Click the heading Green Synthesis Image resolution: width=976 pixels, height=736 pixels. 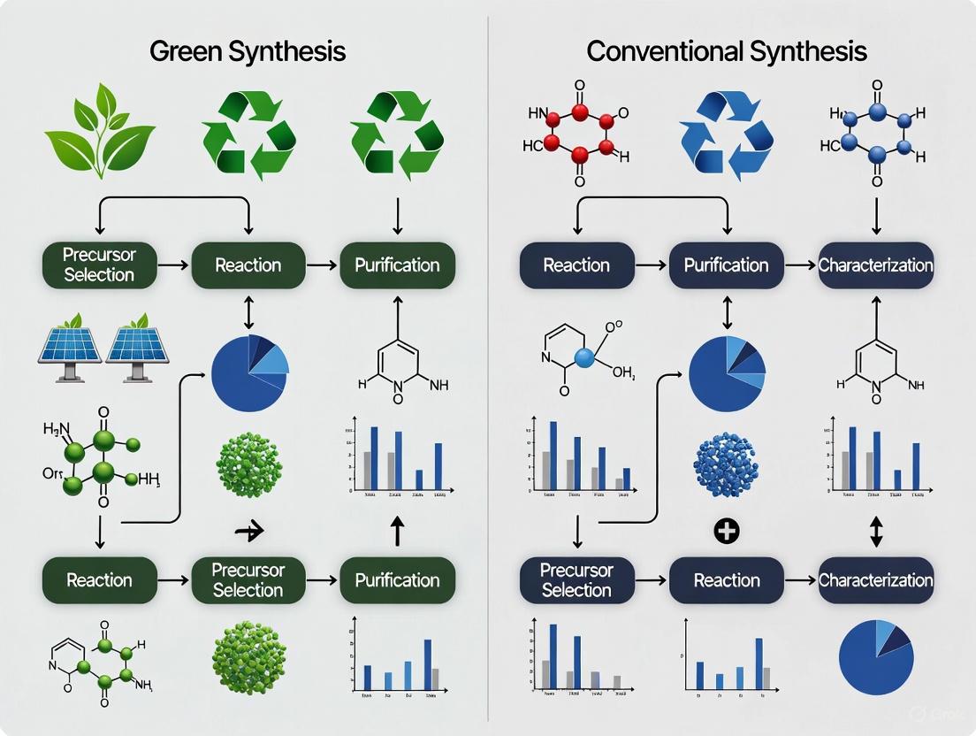(x=248, y=50)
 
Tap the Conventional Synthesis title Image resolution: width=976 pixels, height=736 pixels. (x=726, y=50)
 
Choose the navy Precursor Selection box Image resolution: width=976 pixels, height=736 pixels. (x=576, y=580)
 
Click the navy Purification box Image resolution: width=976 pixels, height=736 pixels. (x=726, y=264)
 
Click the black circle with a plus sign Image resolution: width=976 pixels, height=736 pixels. (x=726, y=532)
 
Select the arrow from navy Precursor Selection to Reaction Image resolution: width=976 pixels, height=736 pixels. (x=652, y=580)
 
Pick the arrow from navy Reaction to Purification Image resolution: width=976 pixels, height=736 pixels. (x=652, y=264)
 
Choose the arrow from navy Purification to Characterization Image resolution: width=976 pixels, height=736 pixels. (x=801, y=264)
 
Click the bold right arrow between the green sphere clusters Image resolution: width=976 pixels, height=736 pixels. (x=250, y=531)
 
